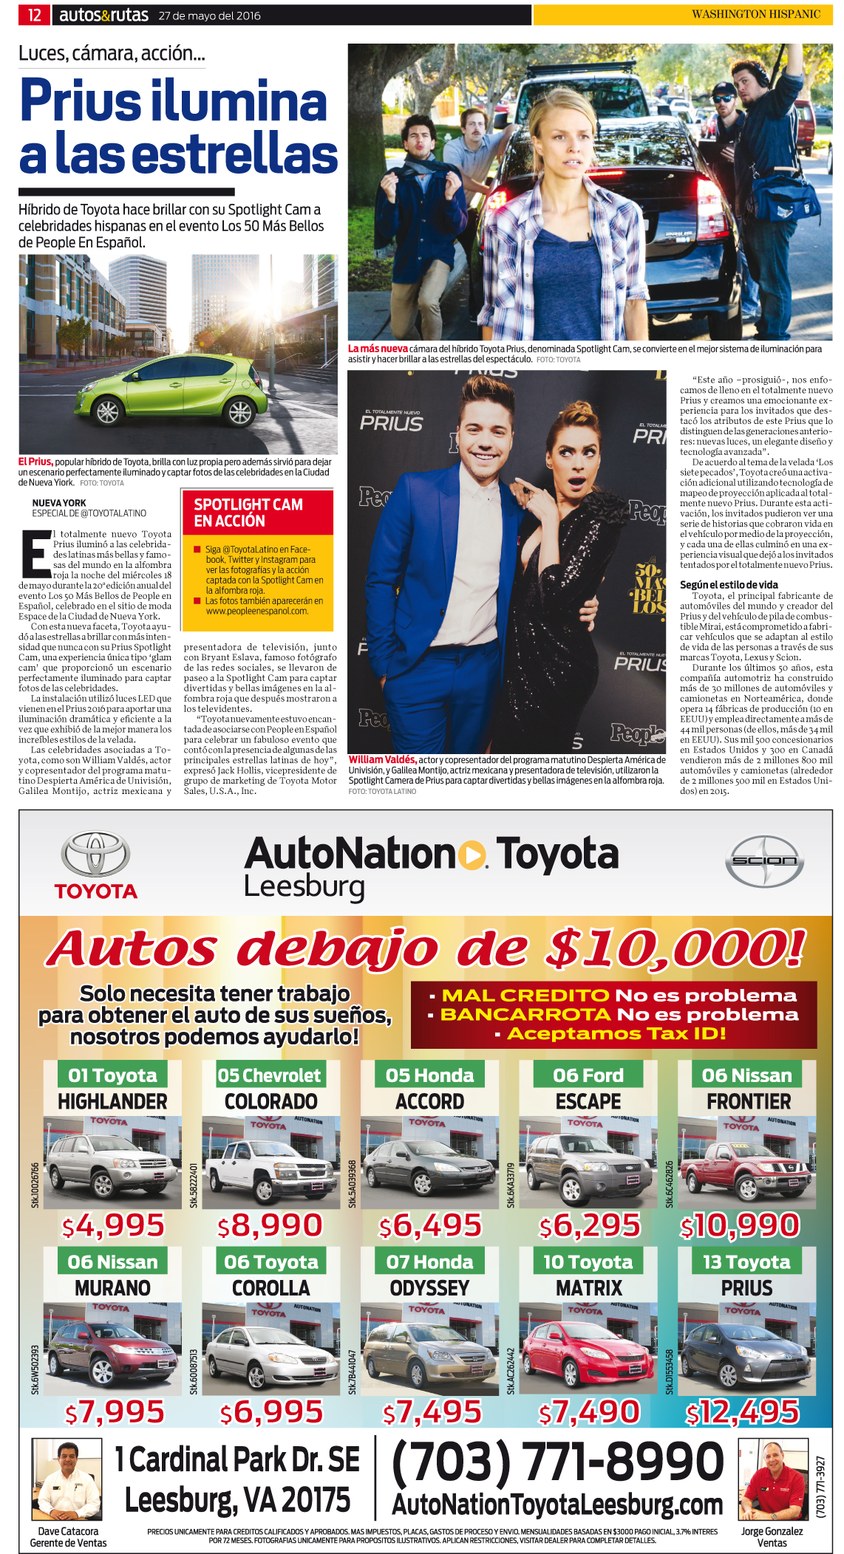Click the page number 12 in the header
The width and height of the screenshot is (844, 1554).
click(34, 15)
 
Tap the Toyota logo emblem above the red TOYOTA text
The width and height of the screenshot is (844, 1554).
click(95, 855)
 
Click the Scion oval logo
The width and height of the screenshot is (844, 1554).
click(763, 860)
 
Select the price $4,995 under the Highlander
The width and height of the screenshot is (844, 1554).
click(114, 1225)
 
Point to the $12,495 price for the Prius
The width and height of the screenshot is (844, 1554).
click(742, 1412)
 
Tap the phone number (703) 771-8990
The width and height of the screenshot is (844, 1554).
click(557, 1462)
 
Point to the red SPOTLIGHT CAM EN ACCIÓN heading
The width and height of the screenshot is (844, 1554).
click(248, 513)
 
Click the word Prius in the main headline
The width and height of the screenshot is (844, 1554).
click(80, 101)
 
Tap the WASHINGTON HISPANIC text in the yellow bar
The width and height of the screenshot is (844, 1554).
click(755, 14)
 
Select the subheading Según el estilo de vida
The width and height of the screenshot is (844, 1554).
click(728, 584)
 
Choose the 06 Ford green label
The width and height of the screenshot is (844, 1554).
click(588, 1075)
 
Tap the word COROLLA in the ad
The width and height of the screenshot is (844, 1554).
click(270, 1287)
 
